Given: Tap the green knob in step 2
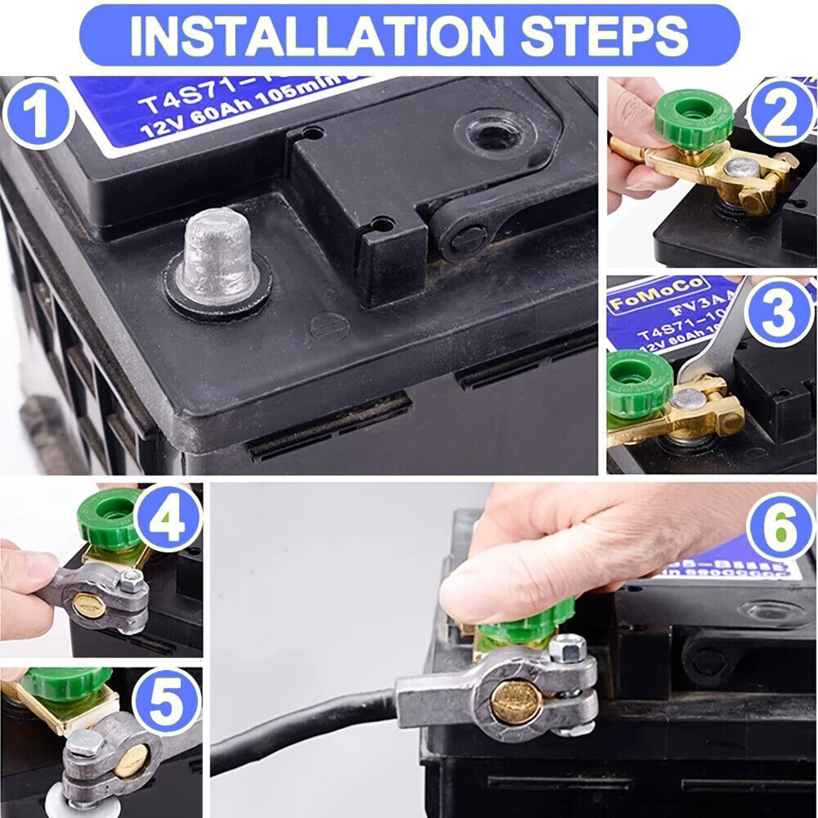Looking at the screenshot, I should (694, 116).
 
